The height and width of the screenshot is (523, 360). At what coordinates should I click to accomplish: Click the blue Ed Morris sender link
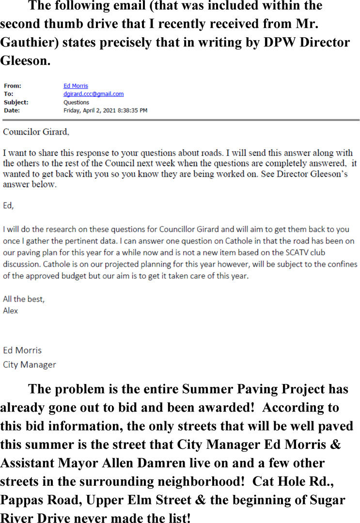click(76, 86)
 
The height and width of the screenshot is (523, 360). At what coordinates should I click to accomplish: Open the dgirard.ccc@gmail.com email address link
click(94, 94)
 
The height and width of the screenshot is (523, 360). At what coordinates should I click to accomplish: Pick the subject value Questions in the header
click(76, 102)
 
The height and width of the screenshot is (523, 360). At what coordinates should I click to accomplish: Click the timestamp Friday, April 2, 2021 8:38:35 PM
click(105, 110)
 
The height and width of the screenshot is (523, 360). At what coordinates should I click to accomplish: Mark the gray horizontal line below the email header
click(180, 120)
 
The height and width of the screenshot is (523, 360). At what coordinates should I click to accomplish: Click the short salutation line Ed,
click(8, 205)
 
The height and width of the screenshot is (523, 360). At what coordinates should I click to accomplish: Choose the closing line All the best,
click(24, 299)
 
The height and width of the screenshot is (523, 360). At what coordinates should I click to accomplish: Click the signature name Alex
click(10, 310)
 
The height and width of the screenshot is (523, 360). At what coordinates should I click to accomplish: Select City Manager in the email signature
click(29, 364)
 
